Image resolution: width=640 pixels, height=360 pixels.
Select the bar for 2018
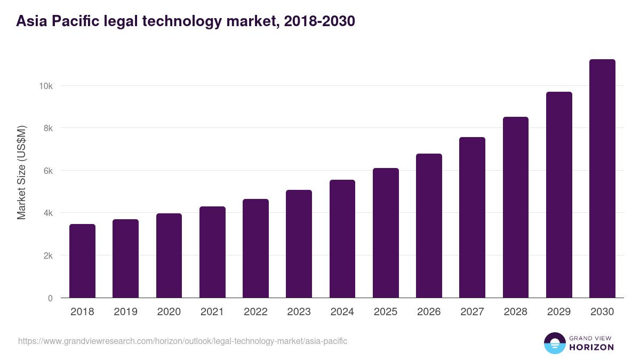pyautogui.click(x=82, y=261)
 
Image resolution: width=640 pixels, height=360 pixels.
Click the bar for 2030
pyautogui.click(x=602, y=179)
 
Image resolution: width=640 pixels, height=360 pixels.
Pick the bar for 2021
pyautogui.click(x=212, y=252)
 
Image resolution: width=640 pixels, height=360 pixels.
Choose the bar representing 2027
pyautogui.click(x=472, y=218)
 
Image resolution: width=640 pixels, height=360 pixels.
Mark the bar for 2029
pyautogui.click(x=559, y=195)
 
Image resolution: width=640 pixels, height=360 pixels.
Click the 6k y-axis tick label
pyautogui.click(x=48, y=171)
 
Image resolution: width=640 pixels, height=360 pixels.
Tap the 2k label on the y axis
pyautogui.click(x=48, y=255)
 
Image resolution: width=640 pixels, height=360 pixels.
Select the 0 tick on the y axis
pyautogui.click(x=50, y=298)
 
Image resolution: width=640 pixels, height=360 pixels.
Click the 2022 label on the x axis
pyautogui.click(x=255, y=312)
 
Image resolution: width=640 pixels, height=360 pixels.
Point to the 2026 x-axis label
pyautogui.click(x=429, y=312)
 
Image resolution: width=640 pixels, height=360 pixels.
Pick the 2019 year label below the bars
pyautogui.click(x=125, y=312)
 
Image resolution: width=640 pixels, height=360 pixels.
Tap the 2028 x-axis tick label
pyautogui.click(x=516, y=312)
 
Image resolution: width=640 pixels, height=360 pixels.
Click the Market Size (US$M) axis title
pyautogui.click(x=21, y=173)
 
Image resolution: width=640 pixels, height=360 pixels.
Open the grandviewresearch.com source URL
pyautogui.click(x=182, y=341)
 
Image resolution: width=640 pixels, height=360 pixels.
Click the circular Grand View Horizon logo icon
pyautogui.click(x=555, y=343)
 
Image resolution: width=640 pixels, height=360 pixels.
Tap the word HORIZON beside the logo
pyautogui.click(x=592, y=347)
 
